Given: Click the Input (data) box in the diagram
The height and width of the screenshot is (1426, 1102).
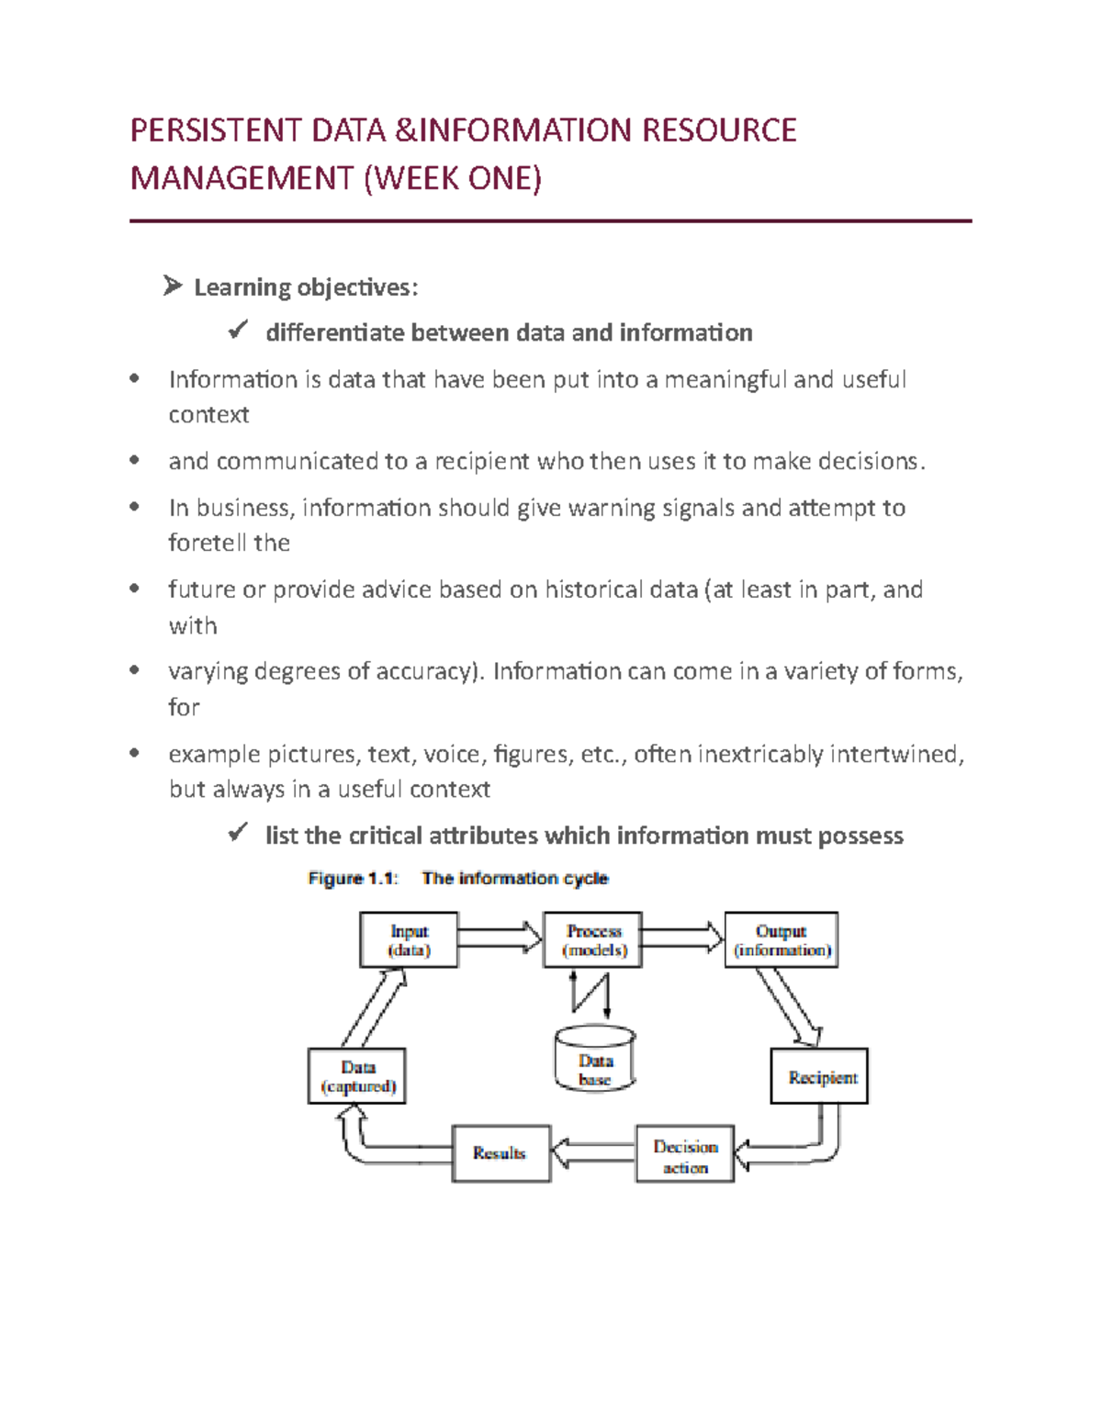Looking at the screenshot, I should point(409,939).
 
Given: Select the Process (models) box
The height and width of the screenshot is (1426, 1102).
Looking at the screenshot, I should point(592,939).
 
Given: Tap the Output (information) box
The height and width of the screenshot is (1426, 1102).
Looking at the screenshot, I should point(782,939).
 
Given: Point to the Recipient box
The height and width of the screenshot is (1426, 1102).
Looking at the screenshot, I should point(819,1076).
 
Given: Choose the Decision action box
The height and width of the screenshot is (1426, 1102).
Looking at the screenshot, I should point(685,1154).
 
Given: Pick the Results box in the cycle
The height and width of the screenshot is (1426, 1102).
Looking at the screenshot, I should point(501,1153).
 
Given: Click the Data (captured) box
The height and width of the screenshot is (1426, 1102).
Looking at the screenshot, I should point(357,1076).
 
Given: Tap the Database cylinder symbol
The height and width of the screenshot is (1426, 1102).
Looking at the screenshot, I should point(595,1060).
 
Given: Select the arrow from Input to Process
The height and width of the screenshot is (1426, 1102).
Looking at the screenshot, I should point(500,938).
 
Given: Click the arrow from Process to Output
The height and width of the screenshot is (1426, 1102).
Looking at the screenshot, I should point(682,938).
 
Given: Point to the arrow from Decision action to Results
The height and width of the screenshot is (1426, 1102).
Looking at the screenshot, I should point(593,1152).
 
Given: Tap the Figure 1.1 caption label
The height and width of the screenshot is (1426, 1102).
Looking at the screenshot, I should point(353,879).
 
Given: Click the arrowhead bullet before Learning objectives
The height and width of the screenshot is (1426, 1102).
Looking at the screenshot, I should point(172,286).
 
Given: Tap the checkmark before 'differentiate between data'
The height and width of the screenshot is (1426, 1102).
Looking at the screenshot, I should point(238,331).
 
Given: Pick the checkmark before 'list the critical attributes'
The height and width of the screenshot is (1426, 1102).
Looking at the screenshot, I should point(238,834).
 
